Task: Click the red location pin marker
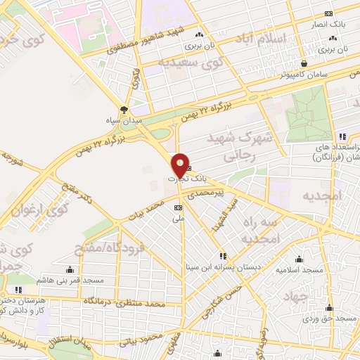pyautogui.click(x=181, y=165)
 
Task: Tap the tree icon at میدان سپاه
pyautogui.click(x=124, y=109)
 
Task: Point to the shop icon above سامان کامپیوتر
pyautogui.click(x=303, y=63)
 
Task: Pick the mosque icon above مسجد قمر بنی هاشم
pyautogui.click(x=69, y=269)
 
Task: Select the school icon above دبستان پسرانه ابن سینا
pyautogui.click(x=223, y=255)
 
